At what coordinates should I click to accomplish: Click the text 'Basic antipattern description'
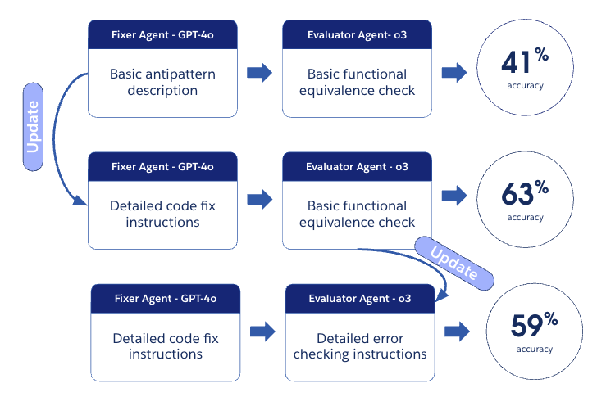[x=162, y=82]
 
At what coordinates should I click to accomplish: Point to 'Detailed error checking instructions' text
[x=360, y=346]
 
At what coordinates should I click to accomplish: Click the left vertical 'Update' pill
[x=34, y=126]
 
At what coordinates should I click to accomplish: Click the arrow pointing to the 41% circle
[x=453, y=73]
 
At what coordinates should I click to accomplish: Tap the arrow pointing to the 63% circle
[x=453, y=196]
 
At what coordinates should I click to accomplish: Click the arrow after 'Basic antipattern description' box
[x=259, y=72]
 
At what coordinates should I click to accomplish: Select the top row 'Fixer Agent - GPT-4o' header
[x=162, y=35]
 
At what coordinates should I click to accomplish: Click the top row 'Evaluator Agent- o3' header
[x=358, y=35]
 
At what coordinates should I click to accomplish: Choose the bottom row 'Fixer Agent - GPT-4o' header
[x=165, y=298]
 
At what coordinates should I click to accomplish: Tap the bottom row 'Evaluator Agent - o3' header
[x=360, y=298]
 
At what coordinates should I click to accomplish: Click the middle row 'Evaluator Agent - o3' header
[x=358, y=167]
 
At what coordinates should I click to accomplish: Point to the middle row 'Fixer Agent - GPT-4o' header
[x=162, y=167]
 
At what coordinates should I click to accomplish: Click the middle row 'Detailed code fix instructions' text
[x=162, y=214]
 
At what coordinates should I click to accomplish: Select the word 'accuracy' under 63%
[x=525, y=217]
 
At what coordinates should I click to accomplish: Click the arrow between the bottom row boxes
[x=262, y=331]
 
